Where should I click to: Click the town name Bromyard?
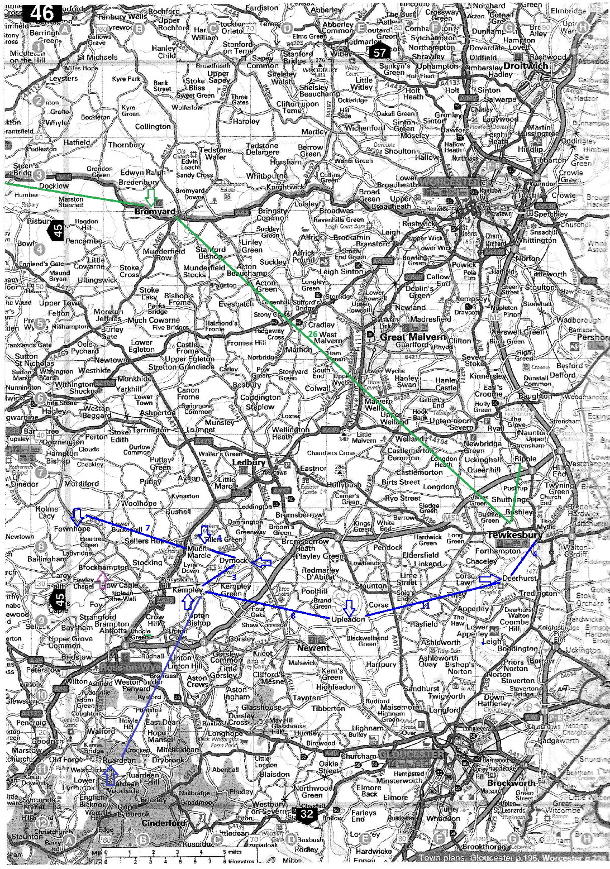pos(155,213)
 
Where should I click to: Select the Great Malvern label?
pos(413,337)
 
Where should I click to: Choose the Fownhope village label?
pos(72,528)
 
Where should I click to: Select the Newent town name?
pos(313,647)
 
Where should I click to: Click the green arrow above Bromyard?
pos(150,197)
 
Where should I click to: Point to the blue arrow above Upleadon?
pos(350,607)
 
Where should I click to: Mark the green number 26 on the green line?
pos(313,333)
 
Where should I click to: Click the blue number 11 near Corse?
pos(426,605)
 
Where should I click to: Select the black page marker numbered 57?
pos(380,52)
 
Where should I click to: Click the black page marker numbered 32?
pos(307,814)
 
